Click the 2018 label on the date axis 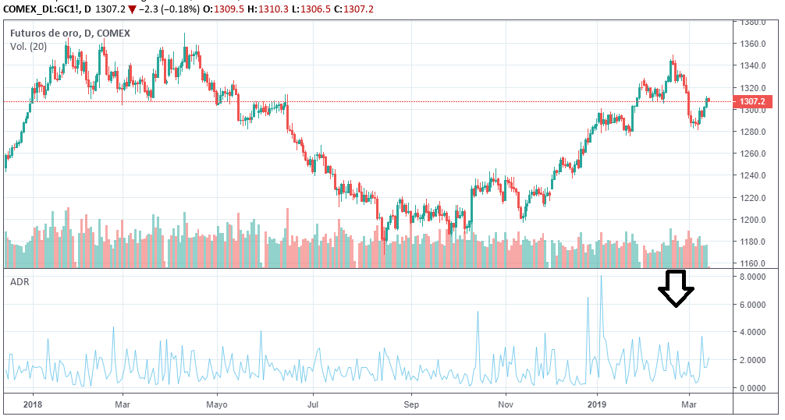coord(32,404)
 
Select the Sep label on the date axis coord(411,404)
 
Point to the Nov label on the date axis coord(506,404)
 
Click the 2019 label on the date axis coord(597,404)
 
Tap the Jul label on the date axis coord(313,404)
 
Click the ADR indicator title coord(20,282)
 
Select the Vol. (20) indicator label coord(28,48)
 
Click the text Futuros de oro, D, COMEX coord(69,34)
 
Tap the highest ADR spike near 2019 coord(601,277)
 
